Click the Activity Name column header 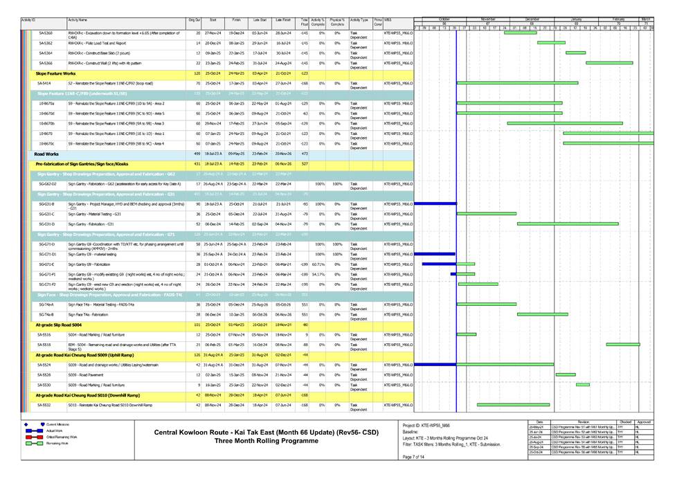click(78, 21)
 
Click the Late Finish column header click(282, 21)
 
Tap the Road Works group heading click(46, 154)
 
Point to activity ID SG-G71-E click(47, 264)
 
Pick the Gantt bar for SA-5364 click(575, 53)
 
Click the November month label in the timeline click(488, 19)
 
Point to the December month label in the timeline click(532, 19)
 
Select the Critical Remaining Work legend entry click(62, 437)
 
